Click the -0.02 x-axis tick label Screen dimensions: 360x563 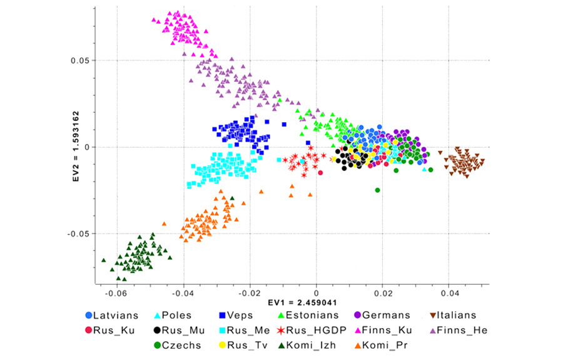250,292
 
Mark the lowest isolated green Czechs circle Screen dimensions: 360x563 377,190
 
